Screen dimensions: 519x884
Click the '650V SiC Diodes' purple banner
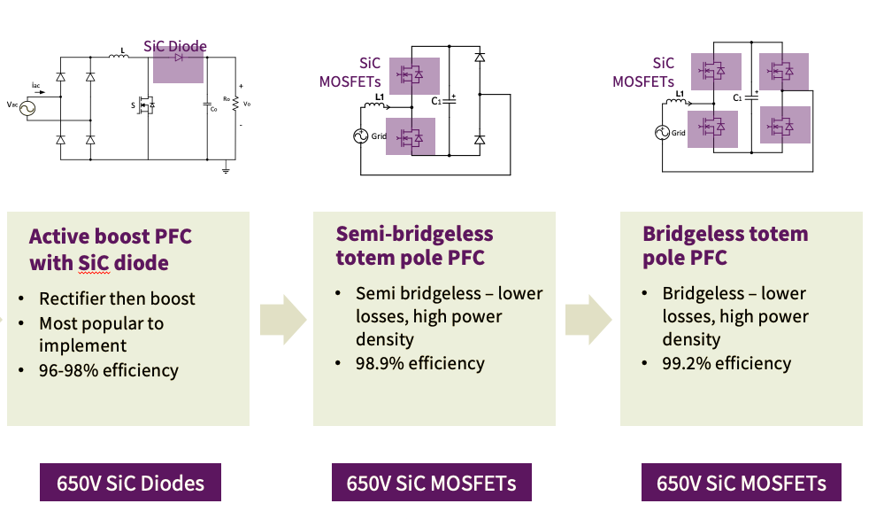(x=130, y=484)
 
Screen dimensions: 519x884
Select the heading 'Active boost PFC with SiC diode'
(x=110, y=250)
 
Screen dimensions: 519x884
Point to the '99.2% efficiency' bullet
(x=726, y=363)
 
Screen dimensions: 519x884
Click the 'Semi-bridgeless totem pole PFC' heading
(x=414, y=246)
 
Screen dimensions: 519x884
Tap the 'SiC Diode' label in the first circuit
(x=175, y=46)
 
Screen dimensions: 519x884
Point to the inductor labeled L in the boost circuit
(x=118, y=58)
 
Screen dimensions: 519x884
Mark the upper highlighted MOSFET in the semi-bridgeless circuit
(x=411, y=75)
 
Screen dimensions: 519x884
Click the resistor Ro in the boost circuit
(x=235, y=105)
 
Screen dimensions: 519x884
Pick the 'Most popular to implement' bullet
(x=101, y=334)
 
